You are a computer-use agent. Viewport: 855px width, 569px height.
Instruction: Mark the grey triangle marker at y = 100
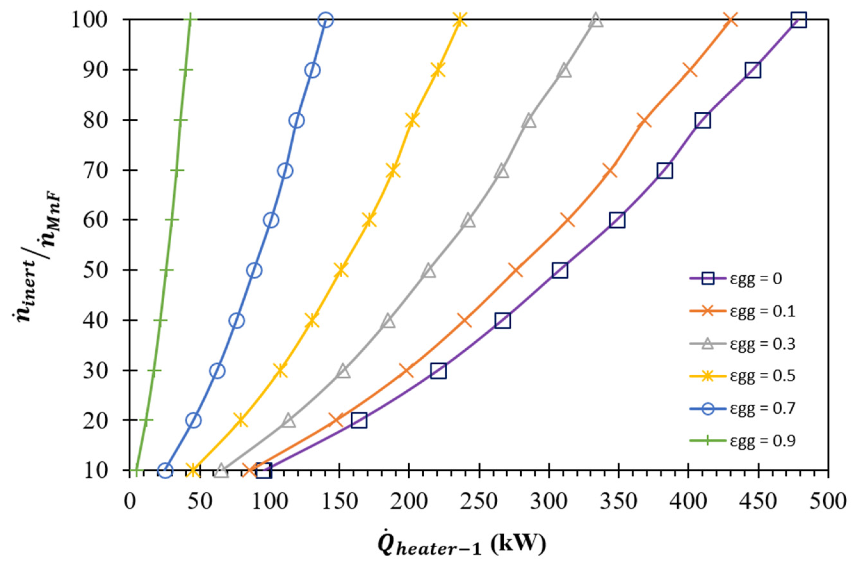[596, 20]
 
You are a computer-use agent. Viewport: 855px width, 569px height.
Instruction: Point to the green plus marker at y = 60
[172, 220]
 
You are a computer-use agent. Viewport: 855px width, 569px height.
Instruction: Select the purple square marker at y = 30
[438, 371]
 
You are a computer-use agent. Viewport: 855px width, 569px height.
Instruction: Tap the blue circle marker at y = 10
[165, 471]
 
